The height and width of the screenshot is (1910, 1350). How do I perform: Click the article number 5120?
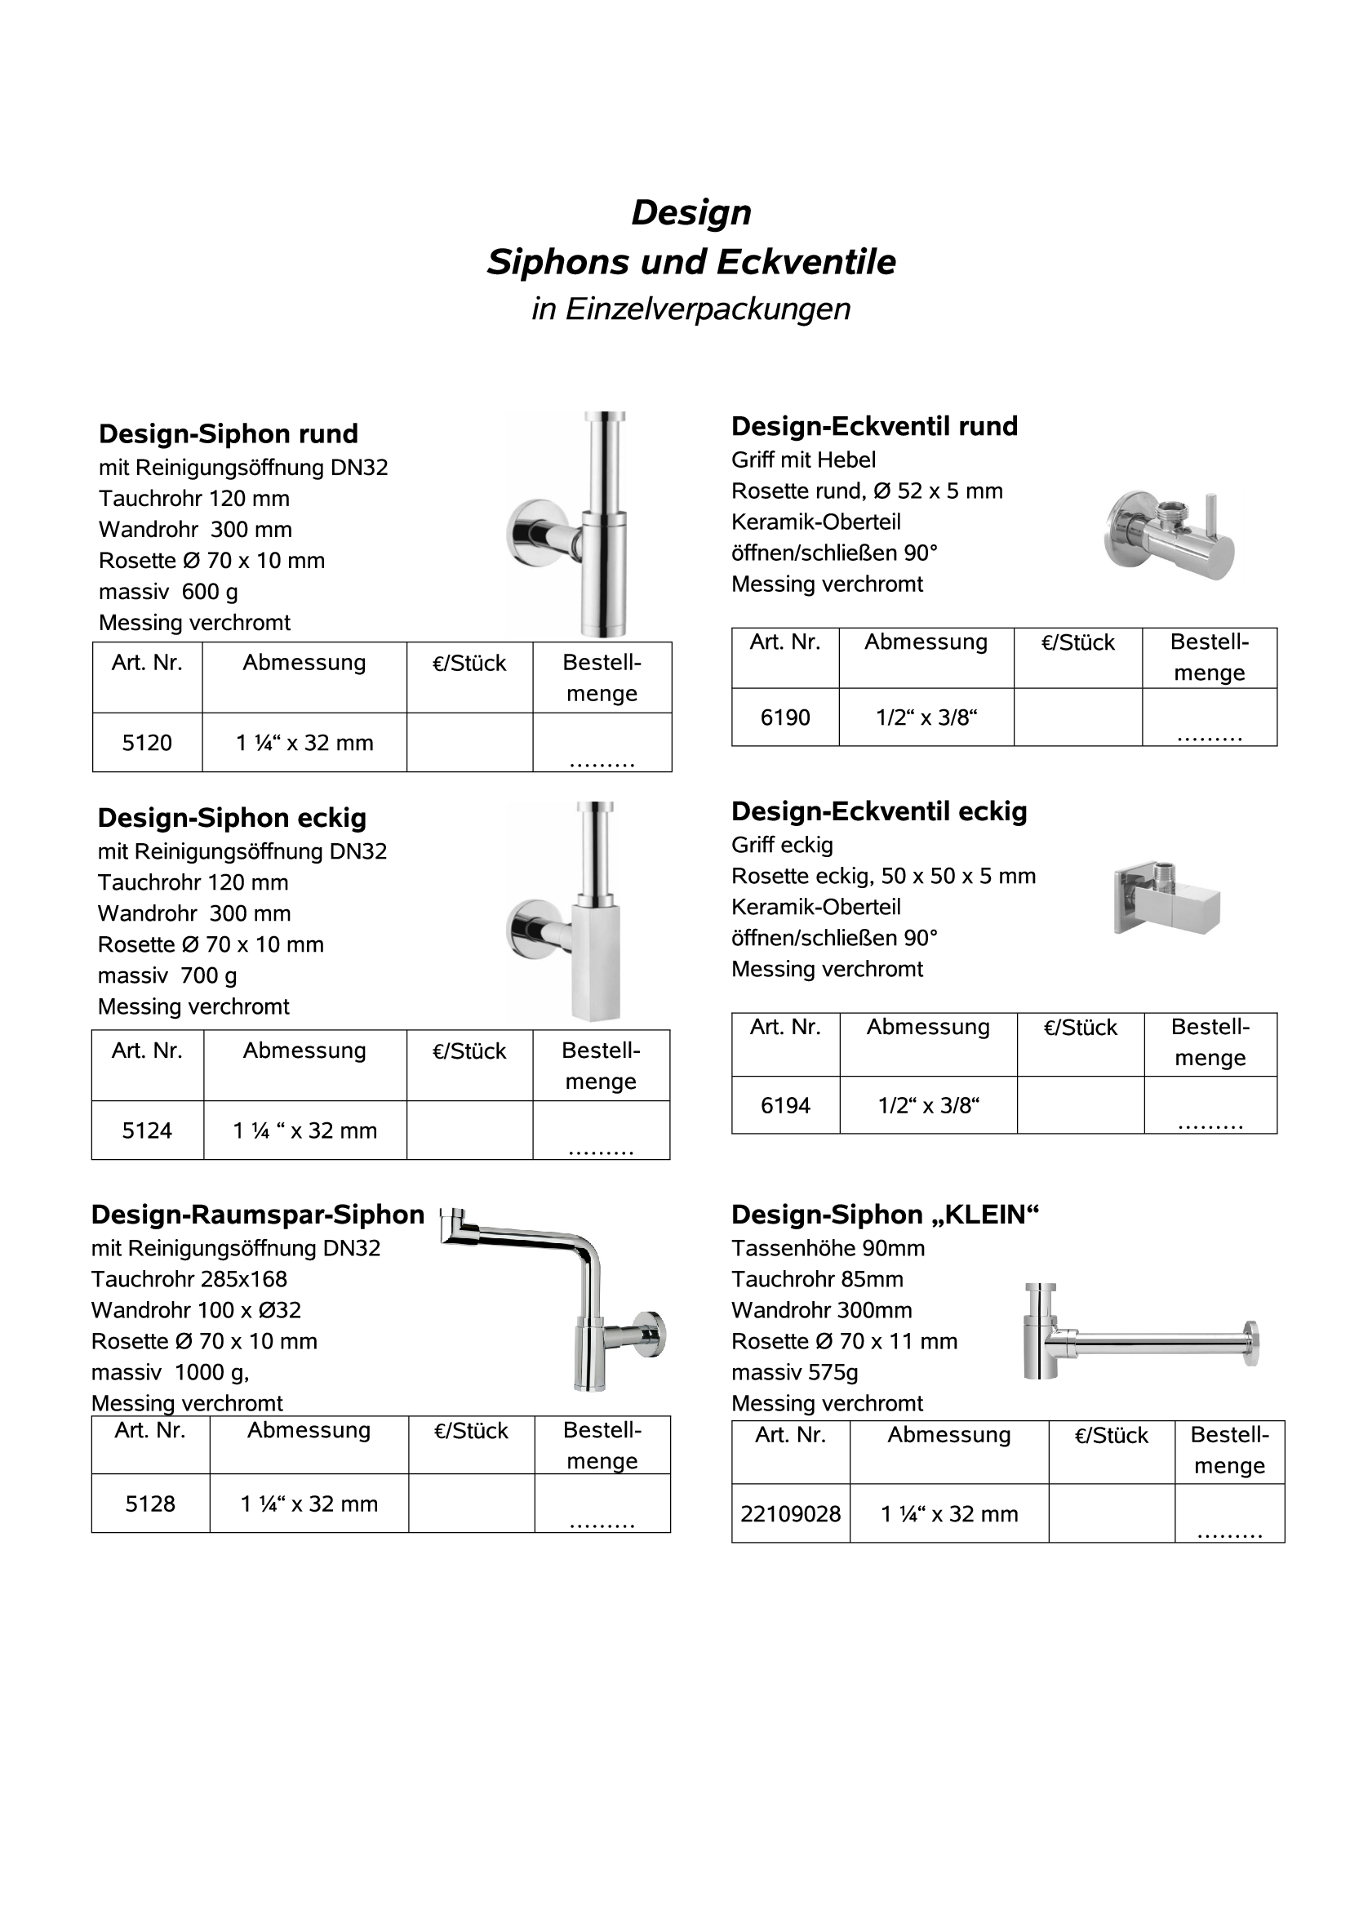(146, 743)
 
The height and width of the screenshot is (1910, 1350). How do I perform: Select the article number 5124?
(146, 1130)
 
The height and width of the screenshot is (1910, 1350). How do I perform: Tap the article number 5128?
(149, 1504)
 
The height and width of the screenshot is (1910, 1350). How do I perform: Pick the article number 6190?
(784, 718)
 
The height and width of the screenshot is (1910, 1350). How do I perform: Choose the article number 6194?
(784, 1105)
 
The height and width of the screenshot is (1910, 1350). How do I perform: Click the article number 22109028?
(790, 1514)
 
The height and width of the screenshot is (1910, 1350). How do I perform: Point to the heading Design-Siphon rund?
(228, 434)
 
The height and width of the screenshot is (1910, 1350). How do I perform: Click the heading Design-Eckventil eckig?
(878, 811)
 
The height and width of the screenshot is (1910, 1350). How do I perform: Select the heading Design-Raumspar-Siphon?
(257, 1215)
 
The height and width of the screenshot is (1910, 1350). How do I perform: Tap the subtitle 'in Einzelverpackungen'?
(691, 309)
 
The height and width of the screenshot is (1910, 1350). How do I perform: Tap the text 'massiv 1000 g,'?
(170, 1373)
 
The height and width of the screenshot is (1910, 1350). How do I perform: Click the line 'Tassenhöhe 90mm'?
(828, 1249)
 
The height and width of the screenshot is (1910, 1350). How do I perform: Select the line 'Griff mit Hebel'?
(802, 460)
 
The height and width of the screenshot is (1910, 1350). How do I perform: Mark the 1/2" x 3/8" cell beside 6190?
(926, 718)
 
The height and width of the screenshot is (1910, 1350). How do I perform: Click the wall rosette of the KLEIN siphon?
(1250, 1342)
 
